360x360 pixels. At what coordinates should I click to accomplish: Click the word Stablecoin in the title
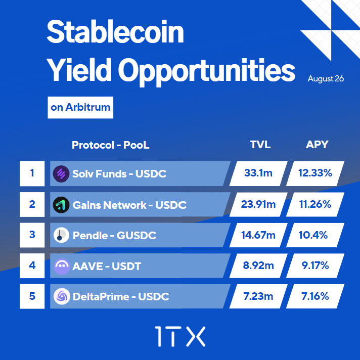click(x=115, y=33)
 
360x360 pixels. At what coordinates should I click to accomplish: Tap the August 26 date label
click(x=326, y=79)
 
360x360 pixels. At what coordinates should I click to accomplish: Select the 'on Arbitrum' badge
click(x=80, y=108)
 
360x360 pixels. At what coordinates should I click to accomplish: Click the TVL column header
click(x=260, y=145)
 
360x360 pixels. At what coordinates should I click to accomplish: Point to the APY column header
click(x=317, y=145)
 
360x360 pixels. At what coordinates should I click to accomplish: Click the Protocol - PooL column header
click(x=111, y=145)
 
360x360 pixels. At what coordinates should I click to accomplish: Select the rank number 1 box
click(x=32, y=173)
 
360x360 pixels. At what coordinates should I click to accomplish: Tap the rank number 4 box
click(x=32, y=265)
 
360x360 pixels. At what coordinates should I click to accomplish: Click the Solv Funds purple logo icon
click(x=61, y=174)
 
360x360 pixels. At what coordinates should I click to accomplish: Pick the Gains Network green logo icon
click(x=61, y=205)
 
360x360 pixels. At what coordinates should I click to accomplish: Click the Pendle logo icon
click(x=61, y=235)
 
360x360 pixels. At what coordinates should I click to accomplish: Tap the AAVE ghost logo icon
click(x=61, y=266)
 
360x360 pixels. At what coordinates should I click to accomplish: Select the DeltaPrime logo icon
click(x=61, y=296)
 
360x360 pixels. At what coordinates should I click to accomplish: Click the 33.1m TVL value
click(x=258, y=173)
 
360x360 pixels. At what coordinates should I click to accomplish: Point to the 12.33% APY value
click(x=315, y=173)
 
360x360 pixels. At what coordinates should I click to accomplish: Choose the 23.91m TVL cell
click(x=258, y=205)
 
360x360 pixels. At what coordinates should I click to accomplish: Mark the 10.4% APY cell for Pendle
click(x=315, y=235)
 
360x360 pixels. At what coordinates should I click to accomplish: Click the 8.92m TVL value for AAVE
click(x=258, y=266)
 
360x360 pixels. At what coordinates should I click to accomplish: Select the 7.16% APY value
click(x=315, y=296)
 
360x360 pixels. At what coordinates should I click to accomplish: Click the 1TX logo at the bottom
click(x=180, y=336)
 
